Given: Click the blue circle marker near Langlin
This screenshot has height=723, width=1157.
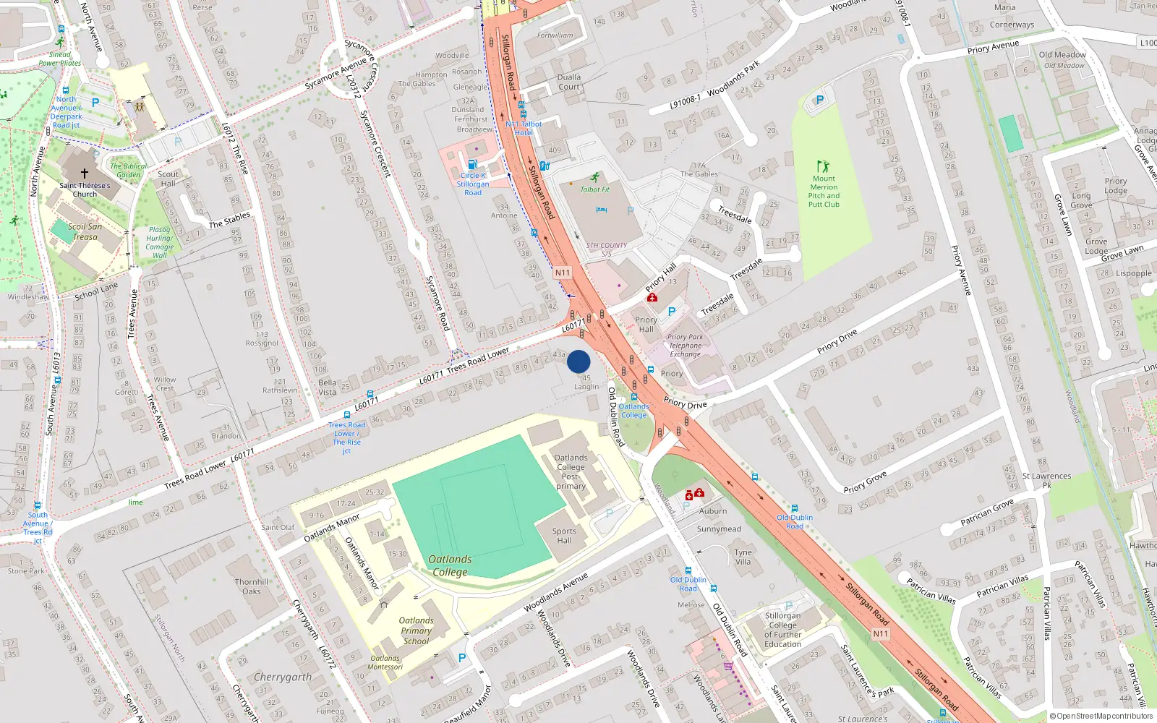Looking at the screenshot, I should point(578,361).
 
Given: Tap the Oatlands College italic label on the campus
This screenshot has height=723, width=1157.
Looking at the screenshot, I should point(450,565).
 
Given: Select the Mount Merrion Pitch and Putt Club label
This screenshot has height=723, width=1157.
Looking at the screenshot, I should point(824,192).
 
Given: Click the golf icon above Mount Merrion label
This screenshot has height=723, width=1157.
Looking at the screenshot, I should point(822,166).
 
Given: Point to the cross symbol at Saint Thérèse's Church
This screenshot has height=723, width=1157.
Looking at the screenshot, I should point(85,174).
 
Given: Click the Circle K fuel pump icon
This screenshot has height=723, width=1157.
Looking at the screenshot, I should point(472,165).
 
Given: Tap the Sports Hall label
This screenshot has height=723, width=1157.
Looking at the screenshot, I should point(564,536).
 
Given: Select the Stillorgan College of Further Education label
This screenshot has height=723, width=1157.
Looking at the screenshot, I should point(782,630).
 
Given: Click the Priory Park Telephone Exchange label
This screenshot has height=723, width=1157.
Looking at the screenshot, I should point(685,346).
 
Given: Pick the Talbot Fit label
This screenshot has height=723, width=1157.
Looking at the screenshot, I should point(594,189).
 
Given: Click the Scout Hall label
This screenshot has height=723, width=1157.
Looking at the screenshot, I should point(168,179).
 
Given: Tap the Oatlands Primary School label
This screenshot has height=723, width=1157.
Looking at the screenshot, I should point(416,630).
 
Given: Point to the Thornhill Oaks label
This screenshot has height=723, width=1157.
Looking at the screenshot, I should point(251,586).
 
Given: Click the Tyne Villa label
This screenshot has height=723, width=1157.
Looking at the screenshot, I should point(743,557).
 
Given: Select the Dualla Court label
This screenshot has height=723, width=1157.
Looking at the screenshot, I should point(568,82).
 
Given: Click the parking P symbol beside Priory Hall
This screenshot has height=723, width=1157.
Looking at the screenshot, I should point(672,312).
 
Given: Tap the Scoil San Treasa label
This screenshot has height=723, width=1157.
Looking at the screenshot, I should point(85,231).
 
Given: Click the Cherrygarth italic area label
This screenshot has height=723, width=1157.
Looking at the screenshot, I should point(283,677).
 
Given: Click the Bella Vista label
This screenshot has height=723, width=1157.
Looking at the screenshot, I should point(327,387).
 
